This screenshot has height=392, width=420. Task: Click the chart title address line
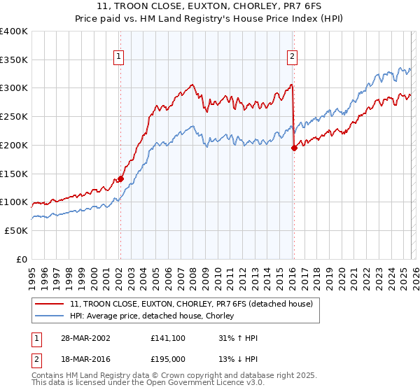coord(210,6)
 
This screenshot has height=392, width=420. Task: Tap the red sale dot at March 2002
coord(120,178)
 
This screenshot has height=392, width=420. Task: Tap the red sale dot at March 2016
coord(294,148)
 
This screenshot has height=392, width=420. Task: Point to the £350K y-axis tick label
coord(14,60)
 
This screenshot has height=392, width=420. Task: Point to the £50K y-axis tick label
coord(17,230)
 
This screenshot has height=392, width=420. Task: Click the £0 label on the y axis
coord(22,259)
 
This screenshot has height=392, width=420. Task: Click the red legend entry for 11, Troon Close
coord(195,304)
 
